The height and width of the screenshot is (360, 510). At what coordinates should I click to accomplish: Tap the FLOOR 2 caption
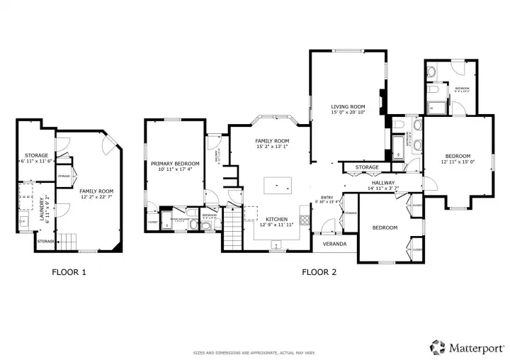pos(320,271)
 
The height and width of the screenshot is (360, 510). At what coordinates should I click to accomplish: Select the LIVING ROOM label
pos(348,108)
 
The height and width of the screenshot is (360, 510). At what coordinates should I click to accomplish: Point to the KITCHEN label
pos(276,219)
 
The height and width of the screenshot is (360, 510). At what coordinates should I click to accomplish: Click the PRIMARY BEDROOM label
pos(175,164)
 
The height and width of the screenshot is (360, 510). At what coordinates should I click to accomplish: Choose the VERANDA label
pos(334,244)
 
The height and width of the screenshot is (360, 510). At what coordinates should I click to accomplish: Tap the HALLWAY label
pos(383,183)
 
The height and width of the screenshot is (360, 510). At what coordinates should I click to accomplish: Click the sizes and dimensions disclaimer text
pos(255,353)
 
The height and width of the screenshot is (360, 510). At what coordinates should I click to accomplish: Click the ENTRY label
pos(327,198)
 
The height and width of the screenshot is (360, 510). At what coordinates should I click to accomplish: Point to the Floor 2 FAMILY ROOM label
pos(273,141)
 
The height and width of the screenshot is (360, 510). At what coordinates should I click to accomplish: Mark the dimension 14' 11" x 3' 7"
pos(383,189)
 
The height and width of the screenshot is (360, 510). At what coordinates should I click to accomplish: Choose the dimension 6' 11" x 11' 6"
pos(36,161)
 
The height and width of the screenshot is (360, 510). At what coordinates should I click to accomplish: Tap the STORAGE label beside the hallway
pos(367,168)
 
